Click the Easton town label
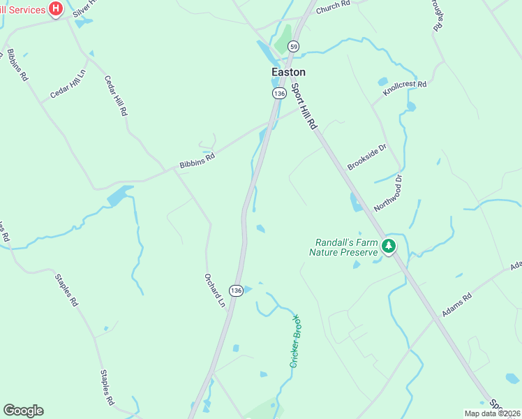288,72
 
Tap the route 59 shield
295,46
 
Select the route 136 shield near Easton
280,93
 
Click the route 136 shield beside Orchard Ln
237,290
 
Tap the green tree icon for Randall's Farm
389,246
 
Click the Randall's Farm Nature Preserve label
343,247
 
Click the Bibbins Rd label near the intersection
197,161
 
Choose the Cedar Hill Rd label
116,96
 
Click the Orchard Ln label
215,289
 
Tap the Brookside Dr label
366,157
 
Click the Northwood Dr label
389,193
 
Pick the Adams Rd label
457,305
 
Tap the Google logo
23,411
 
